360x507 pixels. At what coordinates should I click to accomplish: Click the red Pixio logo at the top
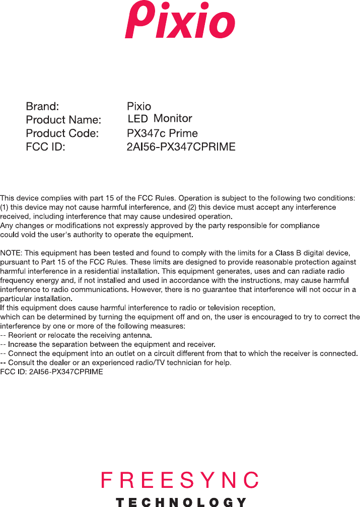pyautogui.click(x=180, y=22)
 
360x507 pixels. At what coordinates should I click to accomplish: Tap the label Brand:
pyautogui.click(x=43, y=107)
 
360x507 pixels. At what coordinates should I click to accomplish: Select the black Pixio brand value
pyautogui.click(x=139, y=107)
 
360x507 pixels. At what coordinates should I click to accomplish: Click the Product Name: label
pyautogui.click(x=63, y=120)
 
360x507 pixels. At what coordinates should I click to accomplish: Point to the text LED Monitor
pyautogui.click(x=160, y=119)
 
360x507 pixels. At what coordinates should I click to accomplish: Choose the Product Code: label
pyautogui.click(x=62, y=134)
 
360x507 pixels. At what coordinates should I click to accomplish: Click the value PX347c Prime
pyautogui.click(x=162, y=134)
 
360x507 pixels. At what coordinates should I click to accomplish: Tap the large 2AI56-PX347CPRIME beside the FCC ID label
pyautogui.click(x=181, y=148)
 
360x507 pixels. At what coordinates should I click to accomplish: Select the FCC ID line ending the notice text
pyautogui.click(x=52, y=372)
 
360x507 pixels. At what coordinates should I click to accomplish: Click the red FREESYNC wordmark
pyautogui.click(x=180, y=480)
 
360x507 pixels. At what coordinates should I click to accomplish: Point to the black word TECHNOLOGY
pyautogui.click(x=181, y=502)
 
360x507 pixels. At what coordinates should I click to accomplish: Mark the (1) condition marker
pyautogui.click(x=5, y=207)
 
